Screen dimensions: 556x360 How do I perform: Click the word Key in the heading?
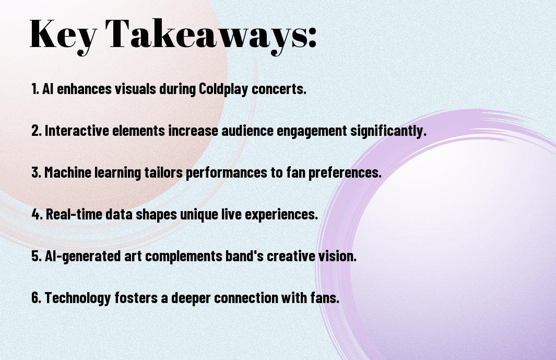pyautogui.click(x=63, y=35)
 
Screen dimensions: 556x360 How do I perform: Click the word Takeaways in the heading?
pyautogui.click(x=204, y=35)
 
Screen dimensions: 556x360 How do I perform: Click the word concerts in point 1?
pyautogui.click(x=279, y=89)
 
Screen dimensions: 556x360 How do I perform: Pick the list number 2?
pyautogui.click(x=36, y=131)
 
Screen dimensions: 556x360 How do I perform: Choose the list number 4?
pyautogui.click(x=37, y=214)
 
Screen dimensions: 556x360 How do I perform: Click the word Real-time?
pyautogui.click(x=74, y=214)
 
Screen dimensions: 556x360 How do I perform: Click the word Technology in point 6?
pyautogui.click(x=78, y=297)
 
